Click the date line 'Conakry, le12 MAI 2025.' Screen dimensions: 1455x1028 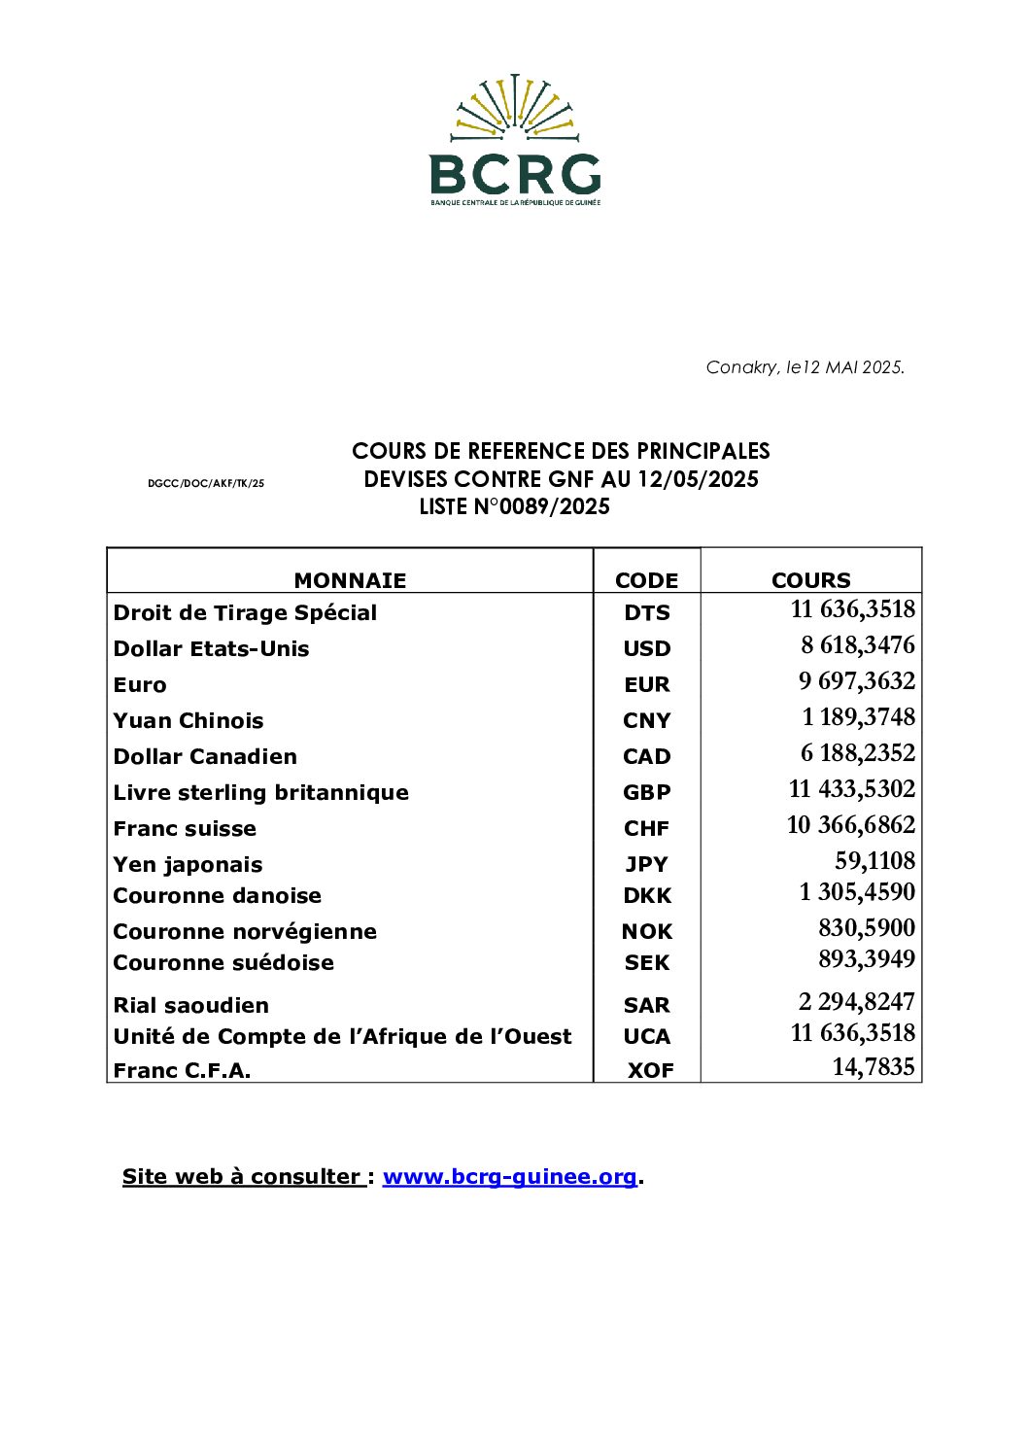click(x=805, y=367)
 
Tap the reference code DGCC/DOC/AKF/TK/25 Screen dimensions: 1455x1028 click(x=206, y=483)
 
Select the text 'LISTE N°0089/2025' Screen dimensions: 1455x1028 click(x=514, y=506)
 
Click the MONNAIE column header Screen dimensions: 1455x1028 click(x=350, y=580)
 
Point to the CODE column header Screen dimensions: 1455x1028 click(x=646, y=580)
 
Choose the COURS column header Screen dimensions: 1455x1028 click(x=810, y=580)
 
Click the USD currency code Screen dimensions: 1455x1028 click(x=647, y=648)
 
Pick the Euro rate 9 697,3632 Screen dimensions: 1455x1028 click(x=857, y=681)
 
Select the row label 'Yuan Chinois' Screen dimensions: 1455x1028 click(x=188, y=720)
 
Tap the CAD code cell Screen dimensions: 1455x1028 click(x=647, y=756)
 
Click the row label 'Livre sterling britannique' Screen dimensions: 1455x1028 click(x=260, y=792)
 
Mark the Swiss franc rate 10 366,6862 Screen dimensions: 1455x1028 click(x=851, y=825)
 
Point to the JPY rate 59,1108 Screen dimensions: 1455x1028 click(x=874, y=861)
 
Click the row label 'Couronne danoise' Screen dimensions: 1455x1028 click(x=217, y=895)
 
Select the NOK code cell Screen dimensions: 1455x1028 click(x=647, y=931)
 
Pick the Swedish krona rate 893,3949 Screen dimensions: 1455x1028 click(x=867, y=959)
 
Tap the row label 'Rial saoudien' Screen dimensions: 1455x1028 click(x=190, y=1005)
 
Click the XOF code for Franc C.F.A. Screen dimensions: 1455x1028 click(x=650, y=1070)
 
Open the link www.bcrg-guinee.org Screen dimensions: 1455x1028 click(x=509, y=1176)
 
